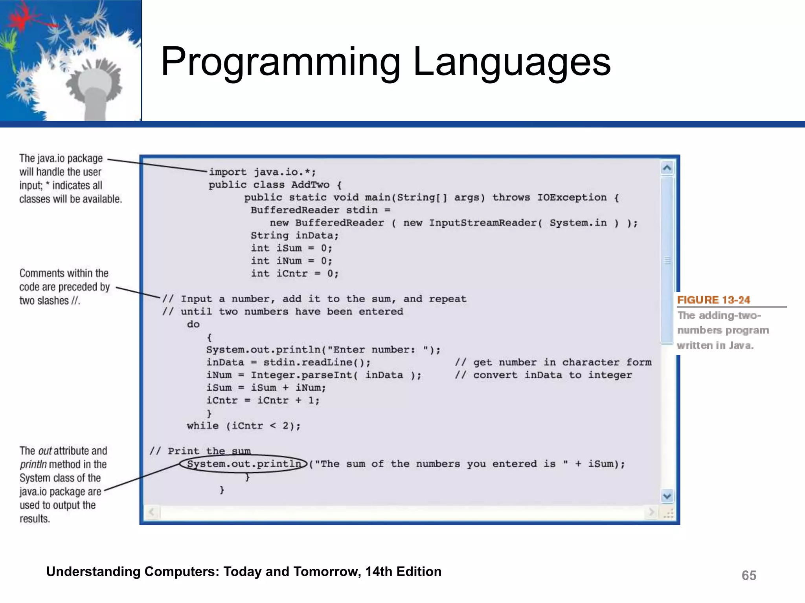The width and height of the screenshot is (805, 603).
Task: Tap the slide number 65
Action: tap(749, 576)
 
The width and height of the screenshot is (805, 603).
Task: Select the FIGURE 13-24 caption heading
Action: tap(713, 300)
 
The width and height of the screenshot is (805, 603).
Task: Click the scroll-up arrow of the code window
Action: tap(667, 168)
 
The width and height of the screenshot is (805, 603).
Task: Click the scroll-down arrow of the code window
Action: tap(667, 496)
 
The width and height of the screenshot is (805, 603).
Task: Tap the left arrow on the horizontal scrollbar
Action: tap(152, 512)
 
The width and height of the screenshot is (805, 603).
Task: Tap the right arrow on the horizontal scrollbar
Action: tap(652, 512)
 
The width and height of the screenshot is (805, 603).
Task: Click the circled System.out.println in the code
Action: tap(243, 464)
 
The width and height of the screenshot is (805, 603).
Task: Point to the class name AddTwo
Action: tap(310, 185)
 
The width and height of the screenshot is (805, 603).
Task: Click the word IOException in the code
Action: tap(572, 197)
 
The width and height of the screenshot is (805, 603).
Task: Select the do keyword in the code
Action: tap(193, 324)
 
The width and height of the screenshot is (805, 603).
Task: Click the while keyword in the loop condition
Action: tap(202, 426)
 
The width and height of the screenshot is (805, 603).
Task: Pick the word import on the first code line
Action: tap(228, 172)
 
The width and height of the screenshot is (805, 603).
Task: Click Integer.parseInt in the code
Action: tap(301, 375)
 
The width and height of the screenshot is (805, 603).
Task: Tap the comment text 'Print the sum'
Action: tap(209, 451)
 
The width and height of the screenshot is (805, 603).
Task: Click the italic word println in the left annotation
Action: tap(33, 464)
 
